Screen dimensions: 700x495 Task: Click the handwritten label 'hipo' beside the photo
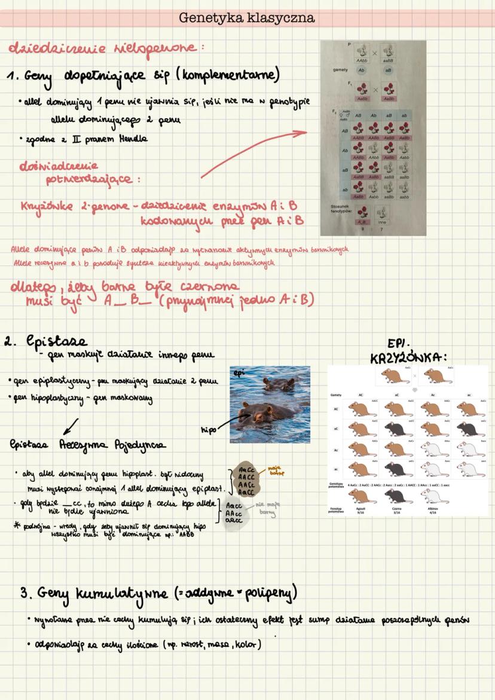(x=209, y=428)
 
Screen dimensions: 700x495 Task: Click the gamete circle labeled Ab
(x=362, y=71)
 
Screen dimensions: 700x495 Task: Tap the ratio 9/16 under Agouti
(x=360, y=513)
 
